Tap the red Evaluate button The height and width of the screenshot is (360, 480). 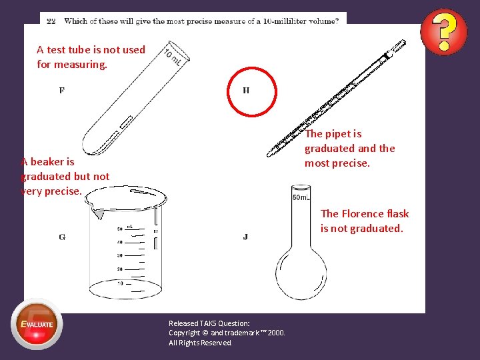(x=37, y=325)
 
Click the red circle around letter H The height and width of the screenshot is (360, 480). (x=251, y=92)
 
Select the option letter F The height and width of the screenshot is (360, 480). (x=62, y=91)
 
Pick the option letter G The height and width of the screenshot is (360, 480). (x=62, y=237)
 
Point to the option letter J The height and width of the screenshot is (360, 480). (x=245, y=237)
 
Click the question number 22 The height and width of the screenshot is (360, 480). (x=51, y=21)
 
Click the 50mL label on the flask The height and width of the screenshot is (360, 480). (x=301, y=197)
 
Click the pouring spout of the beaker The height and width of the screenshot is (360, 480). (x=98, y=213)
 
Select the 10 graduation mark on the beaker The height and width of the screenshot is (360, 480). (x=120, y=283)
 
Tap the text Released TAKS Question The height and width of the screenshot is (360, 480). (x=209, y=323)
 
